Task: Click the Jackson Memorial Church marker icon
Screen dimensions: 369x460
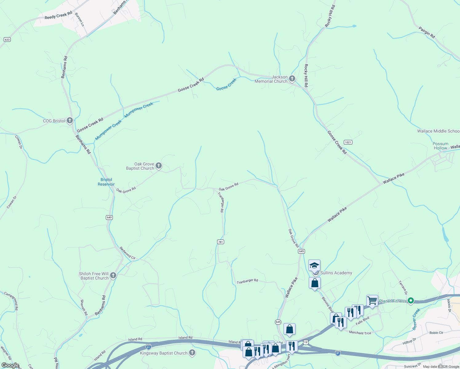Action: coord(292,79)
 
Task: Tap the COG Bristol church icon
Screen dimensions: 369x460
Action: coord(70,121)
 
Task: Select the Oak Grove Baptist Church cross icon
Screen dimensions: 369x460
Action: coord(159,166)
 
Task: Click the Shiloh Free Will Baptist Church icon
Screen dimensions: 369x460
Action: coord(113,276)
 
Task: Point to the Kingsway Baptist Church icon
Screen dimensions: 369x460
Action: coord(192,353)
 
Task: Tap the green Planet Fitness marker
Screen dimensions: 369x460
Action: coord(411,301)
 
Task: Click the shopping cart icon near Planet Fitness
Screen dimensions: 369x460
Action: coord(372,300)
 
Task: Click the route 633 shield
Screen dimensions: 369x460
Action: coord(7,39)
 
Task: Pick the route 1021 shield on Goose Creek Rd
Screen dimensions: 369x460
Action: coord(348,142)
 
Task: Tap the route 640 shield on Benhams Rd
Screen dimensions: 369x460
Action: coord(109,217)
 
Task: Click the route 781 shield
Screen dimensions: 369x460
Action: coord(220,242)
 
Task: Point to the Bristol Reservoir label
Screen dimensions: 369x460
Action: coord(106,182)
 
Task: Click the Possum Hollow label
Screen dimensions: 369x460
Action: coord(440,146)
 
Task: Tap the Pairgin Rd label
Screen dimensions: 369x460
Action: coord(427,33)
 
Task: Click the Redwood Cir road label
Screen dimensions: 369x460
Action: coord(127,253)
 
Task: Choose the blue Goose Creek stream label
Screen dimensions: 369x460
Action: coord(226,84)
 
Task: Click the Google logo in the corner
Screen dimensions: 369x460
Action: coord(10,365)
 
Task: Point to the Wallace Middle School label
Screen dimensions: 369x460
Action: coord(438,131)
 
